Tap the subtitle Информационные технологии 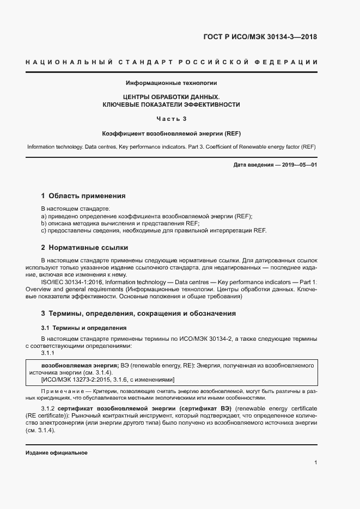[172, 83]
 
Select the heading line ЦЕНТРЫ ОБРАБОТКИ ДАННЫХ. [171, 96]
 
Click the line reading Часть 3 [171, 119]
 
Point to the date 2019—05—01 [298, 164]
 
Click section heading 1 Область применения [83, 196]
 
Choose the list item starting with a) [147, 216]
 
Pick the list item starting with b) [120, 223]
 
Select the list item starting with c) [154, 231]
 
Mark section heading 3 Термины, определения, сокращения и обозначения [138, 314]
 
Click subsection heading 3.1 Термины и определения [84, 328]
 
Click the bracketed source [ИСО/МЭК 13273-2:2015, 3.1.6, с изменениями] [108, 379]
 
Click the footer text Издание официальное [57, 453]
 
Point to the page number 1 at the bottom [316, 463]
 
